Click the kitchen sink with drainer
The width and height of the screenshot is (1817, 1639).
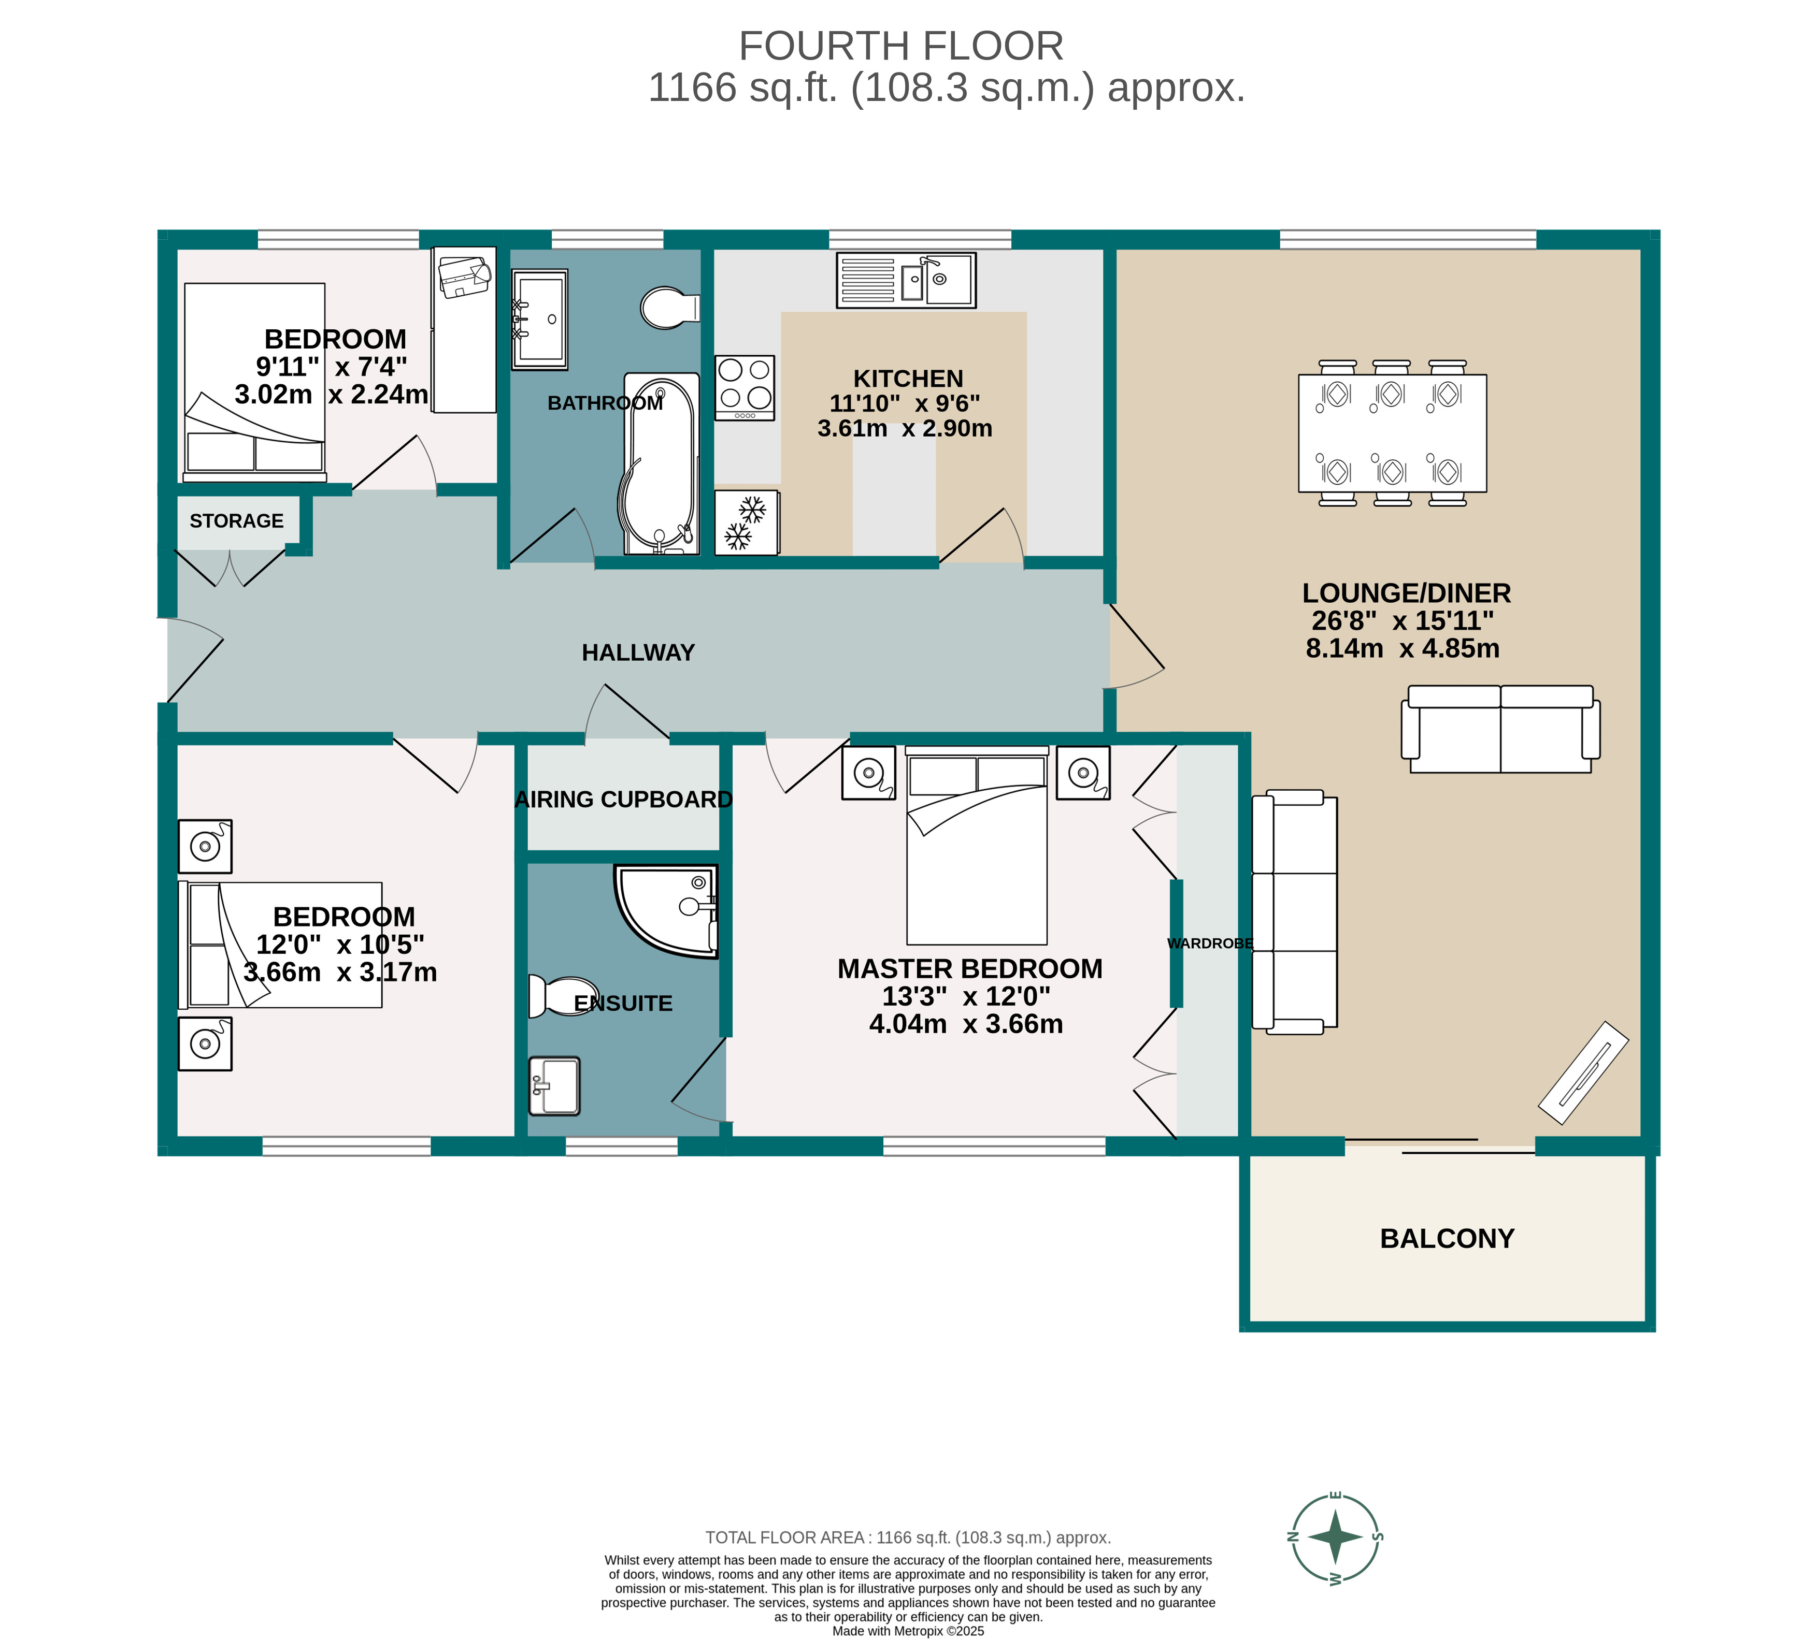point(905,280)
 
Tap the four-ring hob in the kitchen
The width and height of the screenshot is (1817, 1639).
point(744,387)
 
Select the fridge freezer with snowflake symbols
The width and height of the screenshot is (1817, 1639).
point(746,523)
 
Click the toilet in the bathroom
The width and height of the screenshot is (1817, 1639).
point(668,308)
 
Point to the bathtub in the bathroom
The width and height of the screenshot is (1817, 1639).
point(661,464)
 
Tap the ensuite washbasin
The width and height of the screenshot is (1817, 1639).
point(554,1085)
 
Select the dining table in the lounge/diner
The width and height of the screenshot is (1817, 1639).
point(1392,433)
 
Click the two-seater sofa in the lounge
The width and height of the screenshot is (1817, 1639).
point(1500,730)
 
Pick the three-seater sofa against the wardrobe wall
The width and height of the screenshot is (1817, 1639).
point(1295,911)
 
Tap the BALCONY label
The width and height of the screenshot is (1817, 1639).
point(1447,1238)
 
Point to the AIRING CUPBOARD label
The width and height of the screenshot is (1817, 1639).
point(623,799)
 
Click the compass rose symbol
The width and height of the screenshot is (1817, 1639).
point(1335,1537)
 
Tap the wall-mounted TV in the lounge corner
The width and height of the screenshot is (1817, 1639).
point(1583,1072)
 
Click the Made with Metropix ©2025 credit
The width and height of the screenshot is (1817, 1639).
point(908,1631)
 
